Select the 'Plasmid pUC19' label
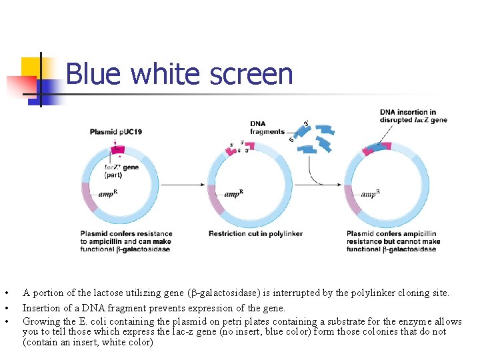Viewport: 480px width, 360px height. [116, 132]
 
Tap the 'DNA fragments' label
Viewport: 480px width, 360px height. [267, 127]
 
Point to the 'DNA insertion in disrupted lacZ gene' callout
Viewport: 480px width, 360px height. [413, 116]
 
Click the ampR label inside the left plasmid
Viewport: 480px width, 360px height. [109, 194]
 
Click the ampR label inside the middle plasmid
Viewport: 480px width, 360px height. [234, 194]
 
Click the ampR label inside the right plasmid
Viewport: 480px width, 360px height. [371, 194]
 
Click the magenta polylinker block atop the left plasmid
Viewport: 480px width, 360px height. [119, 149]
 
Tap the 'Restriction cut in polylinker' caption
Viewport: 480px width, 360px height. [255, 234]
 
